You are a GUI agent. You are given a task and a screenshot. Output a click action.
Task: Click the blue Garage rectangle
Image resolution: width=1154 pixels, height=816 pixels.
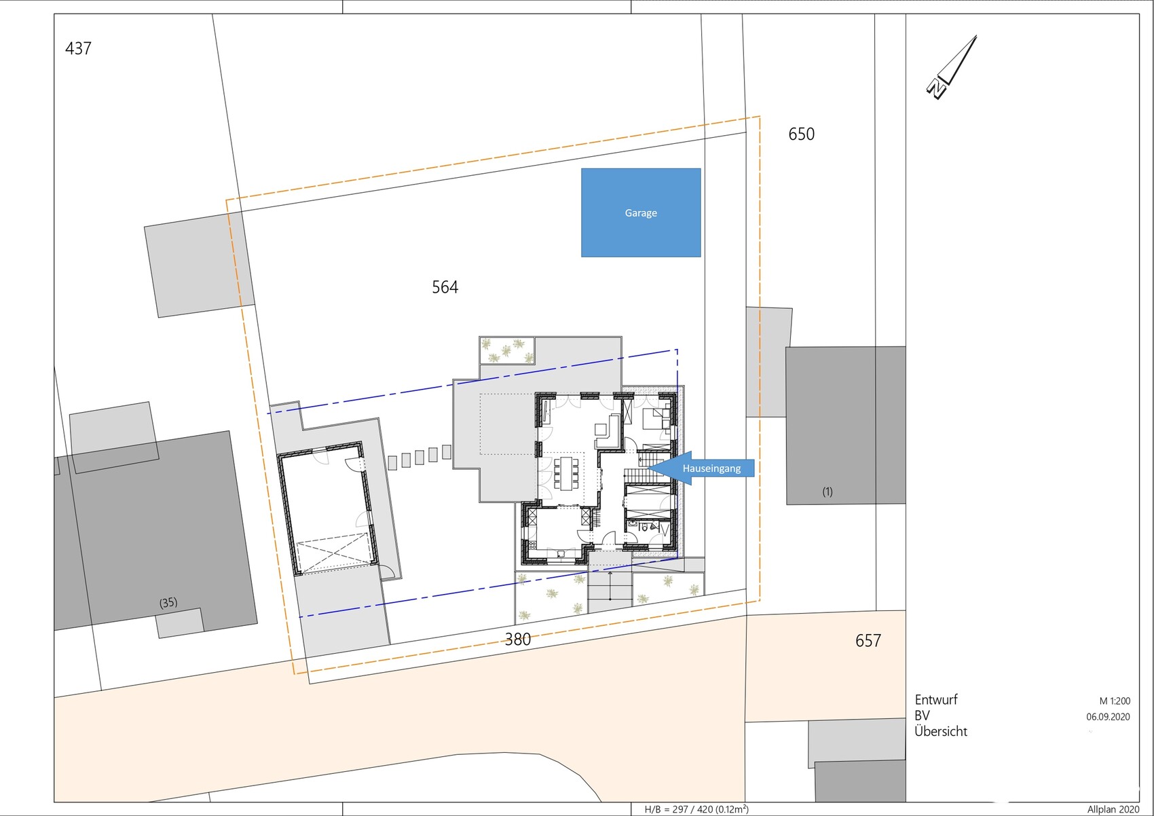(x=641, y=212)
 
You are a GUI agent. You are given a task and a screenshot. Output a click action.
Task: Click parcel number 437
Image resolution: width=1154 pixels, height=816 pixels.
(x=78, y=48)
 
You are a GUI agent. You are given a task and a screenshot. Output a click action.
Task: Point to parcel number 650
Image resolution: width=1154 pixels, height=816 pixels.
(x=802, y=134)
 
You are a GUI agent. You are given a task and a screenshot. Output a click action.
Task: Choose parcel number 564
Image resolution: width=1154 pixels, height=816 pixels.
(x=445, y=287)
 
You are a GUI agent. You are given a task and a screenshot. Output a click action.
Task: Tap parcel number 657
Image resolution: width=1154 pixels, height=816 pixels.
(x=868, y=641)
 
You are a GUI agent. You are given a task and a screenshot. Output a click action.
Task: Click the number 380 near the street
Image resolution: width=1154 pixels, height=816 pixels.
(x=518, y=639)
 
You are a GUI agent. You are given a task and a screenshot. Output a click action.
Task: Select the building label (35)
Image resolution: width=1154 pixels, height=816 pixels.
(x=168, y=602)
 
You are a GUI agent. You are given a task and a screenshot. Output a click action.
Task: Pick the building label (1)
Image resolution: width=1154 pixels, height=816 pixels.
(x=827, y=492)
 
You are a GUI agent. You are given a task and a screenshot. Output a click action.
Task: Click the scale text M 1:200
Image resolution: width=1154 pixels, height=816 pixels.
(x=1115, y=701)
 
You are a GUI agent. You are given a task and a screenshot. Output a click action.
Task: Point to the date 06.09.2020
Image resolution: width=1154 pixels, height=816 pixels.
(x=1108, y=717)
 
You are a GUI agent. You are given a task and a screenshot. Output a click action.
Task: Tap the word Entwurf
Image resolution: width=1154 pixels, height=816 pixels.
(x=936, y=700)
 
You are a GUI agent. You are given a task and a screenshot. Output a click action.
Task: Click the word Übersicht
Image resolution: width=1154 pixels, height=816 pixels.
(x=941, y=731)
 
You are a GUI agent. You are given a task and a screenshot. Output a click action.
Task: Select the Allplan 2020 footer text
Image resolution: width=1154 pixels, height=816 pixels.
(x=1113, y=810)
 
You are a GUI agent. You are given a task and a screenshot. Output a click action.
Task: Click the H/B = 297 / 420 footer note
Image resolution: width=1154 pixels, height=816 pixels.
(x=696, y=809)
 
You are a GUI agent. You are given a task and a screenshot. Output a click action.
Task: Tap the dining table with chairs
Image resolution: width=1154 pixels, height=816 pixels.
(x=565, y=473)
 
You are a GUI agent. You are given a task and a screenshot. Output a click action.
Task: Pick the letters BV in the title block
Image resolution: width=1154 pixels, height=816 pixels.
(x=922, y=716)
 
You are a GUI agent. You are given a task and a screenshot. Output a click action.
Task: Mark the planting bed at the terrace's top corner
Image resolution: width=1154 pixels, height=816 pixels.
(x=507, y=350)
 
